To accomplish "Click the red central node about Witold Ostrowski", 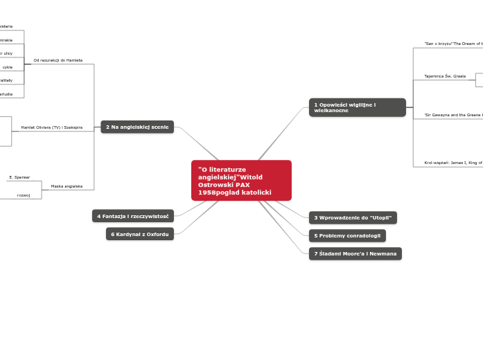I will click(x=241, y=180).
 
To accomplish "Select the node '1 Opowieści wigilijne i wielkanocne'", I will click(x=357, y=107).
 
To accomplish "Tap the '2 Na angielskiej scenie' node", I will click(x=137, y=127).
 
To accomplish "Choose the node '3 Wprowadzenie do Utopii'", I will click(x=353, y=217).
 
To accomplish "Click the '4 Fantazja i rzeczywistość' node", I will click(x=133, y=216).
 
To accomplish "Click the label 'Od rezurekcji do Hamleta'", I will click(x=58, y=60).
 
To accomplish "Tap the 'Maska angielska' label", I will click(x=67, y=186).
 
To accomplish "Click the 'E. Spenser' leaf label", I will click(x=19, y=177).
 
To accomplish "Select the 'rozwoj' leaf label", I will click(x=24, y=195).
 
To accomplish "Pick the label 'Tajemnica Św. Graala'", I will click(x=445, y=75).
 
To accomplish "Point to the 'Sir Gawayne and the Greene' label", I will click(x=453, y=114).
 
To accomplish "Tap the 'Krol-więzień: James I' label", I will click(x=453, y=163).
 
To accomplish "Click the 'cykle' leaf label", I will click(x=8, y=67).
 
